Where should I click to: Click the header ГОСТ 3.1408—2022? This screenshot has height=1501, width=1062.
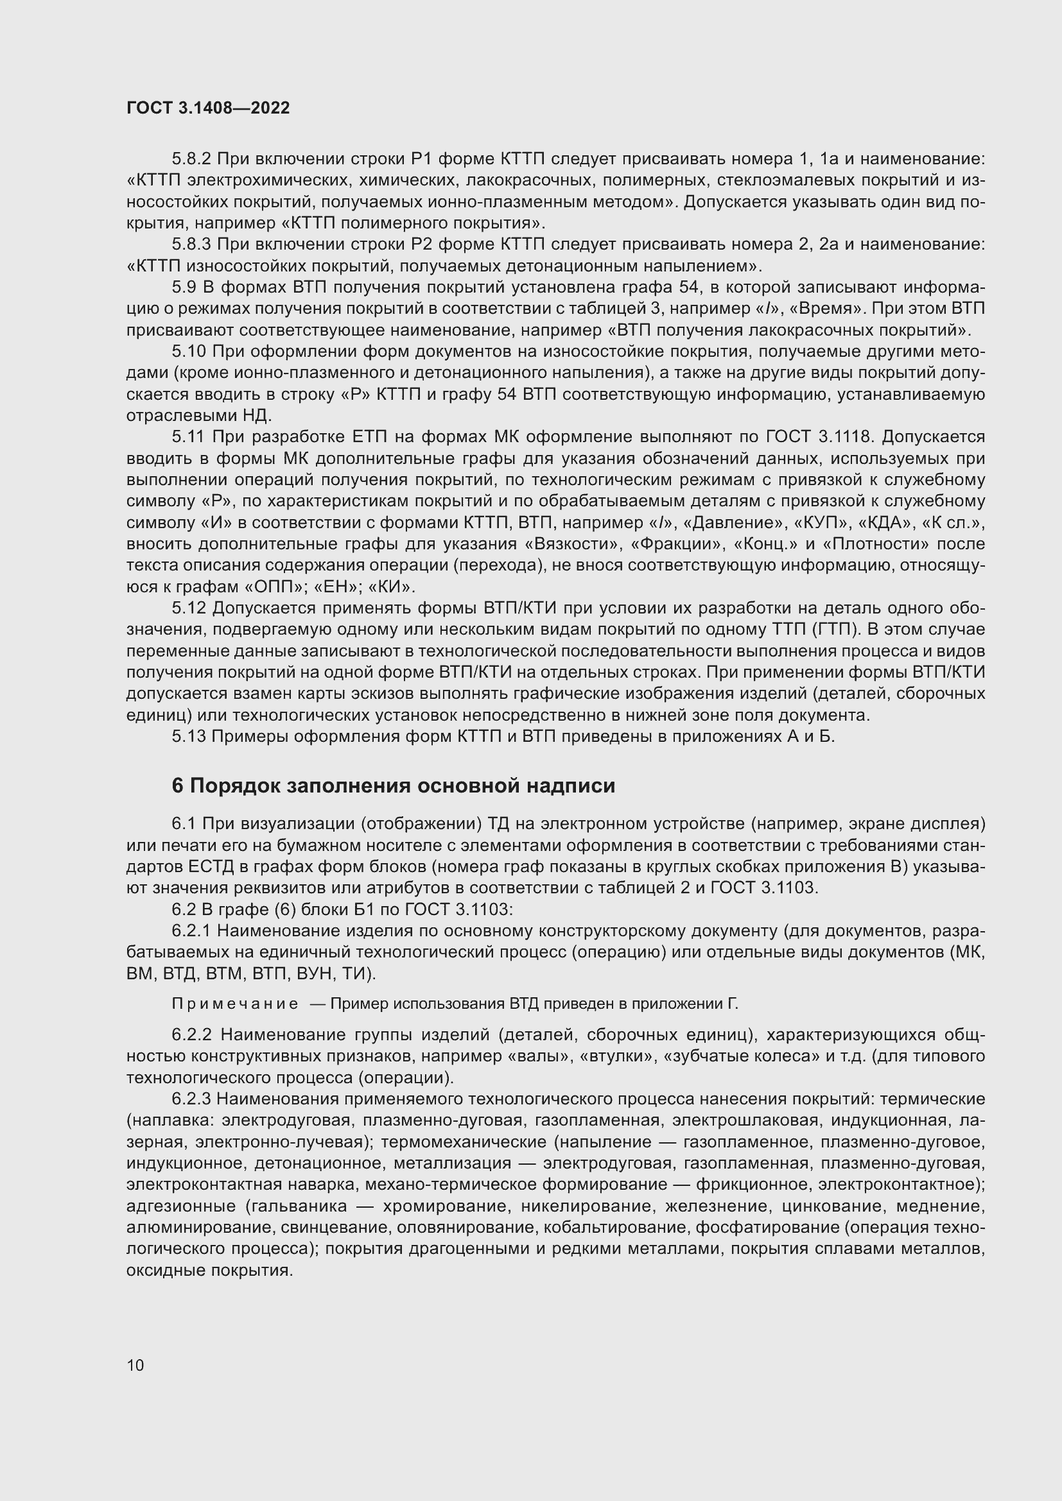208,108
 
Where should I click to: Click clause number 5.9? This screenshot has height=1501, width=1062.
184,287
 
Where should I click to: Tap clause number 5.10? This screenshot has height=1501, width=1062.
188,352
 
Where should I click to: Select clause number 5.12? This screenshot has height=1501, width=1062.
188,608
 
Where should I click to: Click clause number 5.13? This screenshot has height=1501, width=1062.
188,737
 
